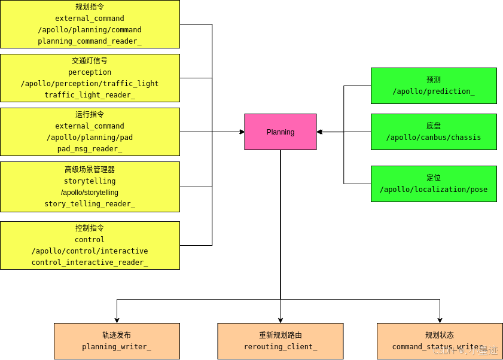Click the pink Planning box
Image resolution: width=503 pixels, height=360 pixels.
(280, 132)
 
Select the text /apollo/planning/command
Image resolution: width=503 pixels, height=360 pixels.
(90, 30)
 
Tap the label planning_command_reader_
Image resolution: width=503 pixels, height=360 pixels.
(90, 41)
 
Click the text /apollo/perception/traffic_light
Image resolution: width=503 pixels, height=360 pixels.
(90, 84)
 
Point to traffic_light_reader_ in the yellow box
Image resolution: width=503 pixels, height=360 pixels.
(90, 95)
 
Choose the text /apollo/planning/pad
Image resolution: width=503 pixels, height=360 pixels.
(90, 138)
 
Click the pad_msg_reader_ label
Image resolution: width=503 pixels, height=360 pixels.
(90, 149)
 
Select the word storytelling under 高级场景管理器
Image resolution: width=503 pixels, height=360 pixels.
(90, 181)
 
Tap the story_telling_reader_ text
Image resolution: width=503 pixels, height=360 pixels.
(90, 204)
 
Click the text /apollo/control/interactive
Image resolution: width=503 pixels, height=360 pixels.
(90, 251)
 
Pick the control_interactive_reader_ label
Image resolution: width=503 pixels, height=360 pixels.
(90, 263)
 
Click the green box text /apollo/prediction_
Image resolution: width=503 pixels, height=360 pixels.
(434, 91)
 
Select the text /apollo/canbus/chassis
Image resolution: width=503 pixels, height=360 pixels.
(434, 138)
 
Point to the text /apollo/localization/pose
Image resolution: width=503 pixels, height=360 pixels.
(434, 190)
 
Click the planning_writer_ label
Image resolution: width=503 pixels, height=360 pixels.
(117, 347)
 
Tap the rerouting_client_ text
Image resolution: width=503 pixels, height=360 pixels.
(281, 347)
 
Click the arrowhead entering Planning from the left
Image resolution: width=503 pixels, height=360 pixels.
(241, 132)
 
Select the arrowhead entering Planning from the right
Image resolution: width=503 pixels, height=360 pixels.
(320, 132)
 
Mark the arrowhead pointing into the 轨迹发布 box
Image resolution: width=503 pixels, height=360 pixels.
(117, 320)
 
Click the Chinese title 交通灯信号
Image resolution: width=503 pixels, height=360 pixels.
(90, 61)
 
